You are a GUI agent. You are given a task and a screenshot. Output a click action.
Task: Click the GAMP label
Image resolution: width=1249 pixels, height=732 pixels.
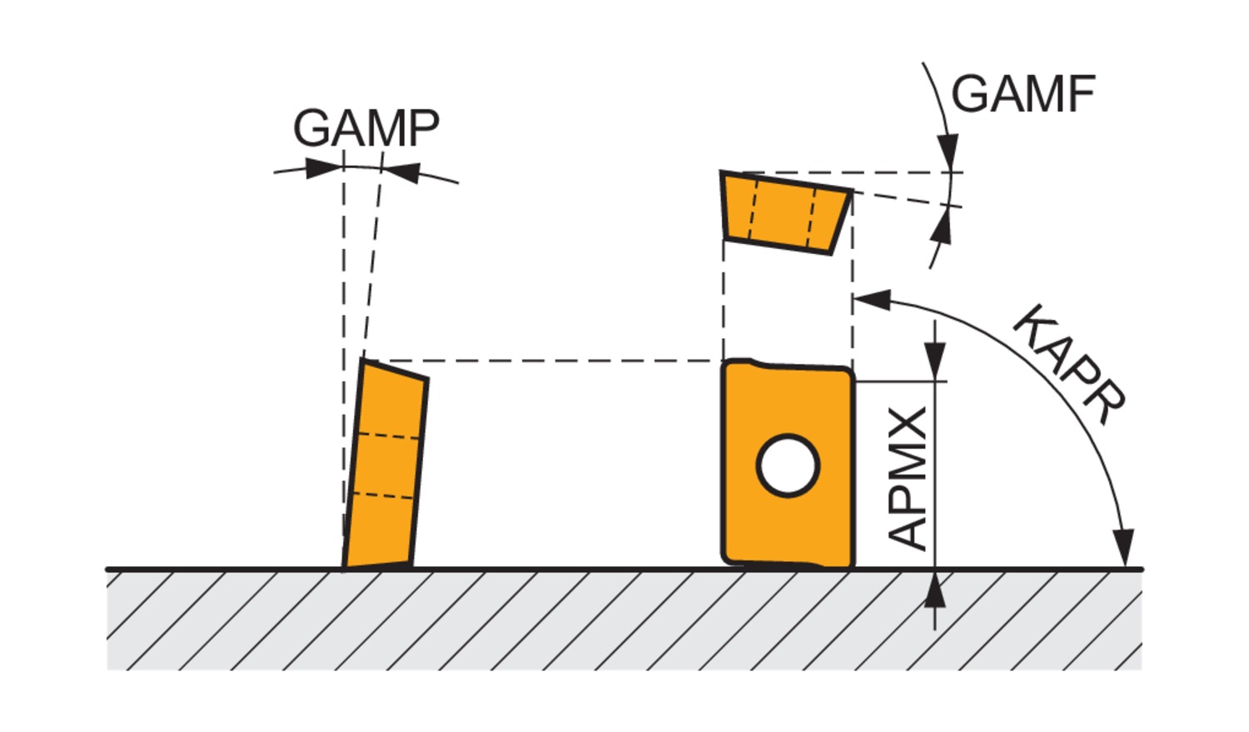tap(366, 127)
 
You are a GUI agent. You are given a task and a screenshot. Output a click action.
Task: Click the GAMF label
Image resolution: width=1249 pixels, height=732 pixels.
tap(1023, 94)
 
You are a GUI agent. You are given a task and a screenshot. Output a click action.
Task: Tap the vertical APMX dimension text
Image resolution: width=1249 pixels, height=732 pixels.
tap(908, 478)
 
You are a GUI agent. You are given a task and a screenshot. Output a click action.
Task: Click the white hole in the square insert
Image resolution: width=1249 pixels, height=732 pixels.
tap(788, 466)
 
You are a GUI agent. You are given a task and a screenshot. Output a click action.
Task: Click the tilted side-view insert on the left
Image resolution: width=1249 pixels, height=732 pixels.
tap(385, 466)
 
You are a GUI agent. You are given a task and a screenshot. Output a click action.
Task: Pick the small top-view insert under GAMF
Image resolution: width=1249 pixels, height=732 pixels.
tap(785, 211)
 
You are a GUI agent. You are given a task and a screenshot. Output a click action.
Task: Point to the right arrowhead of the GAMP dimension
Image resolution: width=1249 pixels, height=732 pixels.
tap(401, 172)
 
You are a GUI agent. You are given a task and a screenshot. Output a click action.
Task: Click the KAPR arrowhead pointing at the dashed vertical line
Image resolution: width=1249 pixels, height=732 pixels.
tap(873, 300)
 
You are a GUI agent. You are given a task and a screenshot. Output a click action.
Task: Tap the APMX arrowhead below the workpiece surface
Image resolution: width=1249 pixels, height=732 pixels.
tap(936, 590)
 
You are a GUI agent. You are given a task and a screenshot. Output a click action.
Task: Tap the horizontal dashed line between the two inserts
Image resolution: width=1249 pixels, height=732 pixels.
tap(541, 361)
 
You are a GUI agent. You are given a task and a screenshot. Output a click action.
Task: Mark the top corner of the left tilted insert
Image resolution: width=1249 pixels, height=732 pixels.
tap(363, 360)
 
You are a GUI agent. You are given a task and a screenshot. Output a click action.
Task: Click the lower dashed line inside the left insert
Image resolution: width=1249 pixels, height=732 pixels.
tap(383, 495)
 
